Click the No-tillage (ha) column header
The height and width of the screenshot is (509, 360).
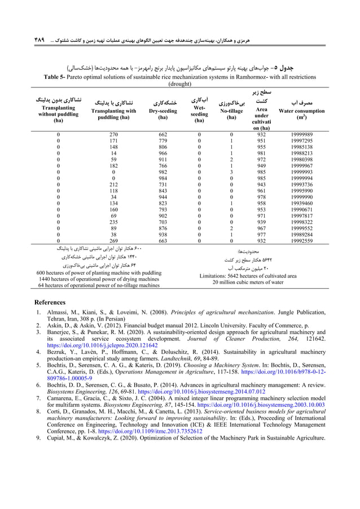tap(230, 111)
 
